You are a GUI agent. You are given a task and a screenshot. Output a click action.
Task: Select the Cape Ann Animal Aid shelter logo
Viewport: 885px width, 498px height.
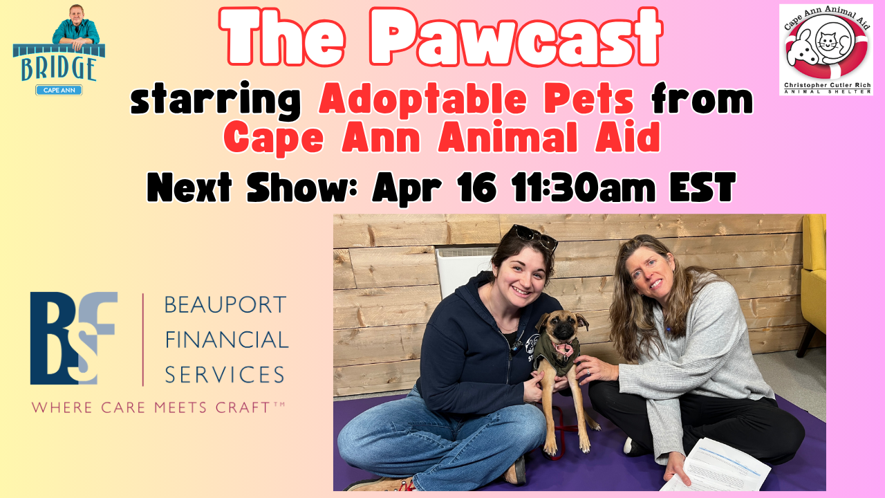(826, 49)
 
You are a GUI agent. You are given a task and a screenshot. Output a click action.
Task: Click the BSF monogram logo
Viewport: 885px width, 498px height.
(73, 338)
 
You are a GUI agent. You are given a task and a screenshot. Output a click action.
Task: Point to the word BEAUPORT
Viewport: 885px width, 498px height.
(225, 304)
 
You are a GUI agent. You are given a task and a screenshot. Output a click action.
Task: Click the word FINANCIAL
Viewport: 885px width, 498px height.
(226, 340)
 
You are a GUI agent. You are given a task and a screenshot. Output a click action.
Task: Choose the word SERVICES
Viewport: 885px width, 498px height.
(225, 374)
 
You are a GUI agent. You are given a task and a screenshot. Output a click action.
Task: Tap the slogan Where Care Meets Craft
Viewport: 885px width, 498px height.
(158, 408)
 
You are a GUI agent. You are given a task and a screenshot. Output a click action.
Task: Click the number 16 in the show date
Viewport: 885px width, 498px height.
(473, 187)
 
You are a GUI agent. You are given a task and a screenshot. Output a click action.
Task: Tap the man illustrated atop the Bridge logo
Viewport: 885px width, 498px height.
(75, 26)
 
